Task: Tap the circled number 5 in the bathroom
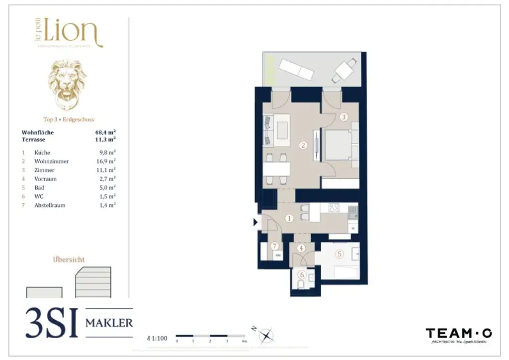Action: (x=339, y=254)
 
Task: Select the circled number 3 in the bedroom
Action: (x=344, y=117)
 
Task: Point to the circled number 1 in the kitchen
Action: (x=289, y=218)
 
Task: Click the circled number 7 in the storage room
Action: (x=274, y=246)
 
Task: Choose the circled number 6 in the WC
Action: (x=301, y=274)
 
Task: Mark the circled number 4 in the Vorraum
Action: (x=301, y=248)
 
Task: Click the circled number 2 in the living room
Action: (x=303, y=145)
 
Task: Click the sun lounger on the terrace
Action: (x=297, y=70)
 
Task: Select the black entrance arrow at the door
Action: (x=255, y=222)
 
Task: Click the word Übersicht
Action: (x=69, y=260)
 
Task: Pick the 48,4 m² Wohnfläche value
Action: (x=105, y=133)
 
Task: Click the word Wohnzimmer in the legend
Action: (x=52, y=162)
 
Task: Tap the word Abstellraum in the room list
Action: (x=50, y=205)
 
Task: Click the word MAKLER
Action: (x=109, y=323)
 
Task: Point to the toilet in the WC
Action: (x=301, y=284)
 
